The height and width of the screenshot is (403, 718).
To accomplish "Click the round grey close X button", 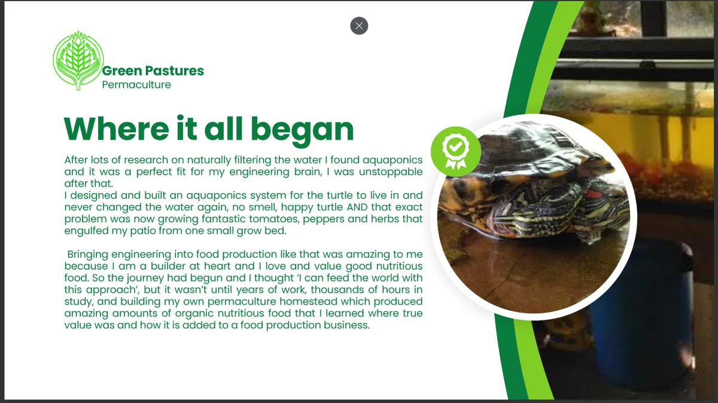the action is [x=359, y=26].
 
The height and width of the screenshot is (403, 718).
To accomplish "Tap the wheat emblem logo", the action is [x=78, y=60].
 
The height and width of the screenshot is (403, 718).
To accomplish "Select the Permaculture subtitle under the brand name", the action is [x=136, y=85].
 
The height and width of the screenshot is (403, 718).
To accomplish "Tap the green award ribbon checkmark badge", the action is [x=456, y=151].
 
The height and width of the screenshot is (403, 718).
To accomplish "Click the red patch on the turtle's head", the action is [x=594, y=194].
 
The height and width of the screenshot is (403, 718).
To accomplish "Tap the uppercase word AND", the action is [x=357, y=207].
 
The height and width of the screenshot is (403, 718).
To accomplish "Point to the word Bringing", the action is [x=88, y=255].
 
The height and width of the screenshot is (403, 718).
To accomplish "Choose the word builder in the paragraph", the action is [x=168, y=266].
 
